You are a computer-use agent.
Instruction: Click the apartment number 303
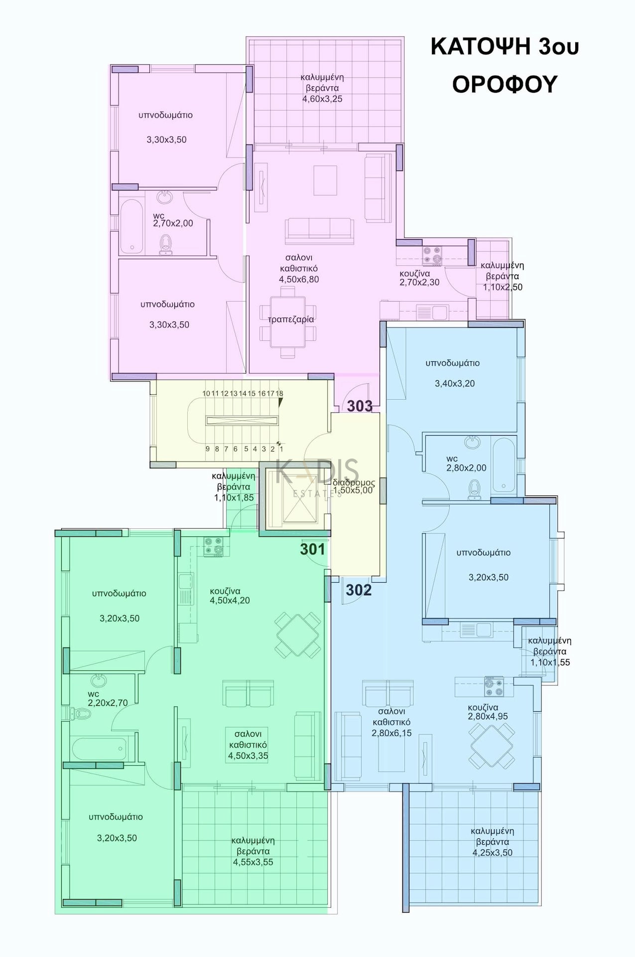[x=360, y=406]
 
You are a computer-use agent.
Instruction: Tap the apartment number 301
[x=312, y=549]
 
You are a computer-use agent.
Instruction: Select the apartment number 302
[x=359, y=590]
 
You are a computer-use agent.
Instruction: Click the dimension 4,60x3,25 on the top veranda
[x=322, y=99]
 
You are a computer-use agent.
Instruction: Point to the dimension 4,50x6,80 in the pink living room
[x=299, y=279]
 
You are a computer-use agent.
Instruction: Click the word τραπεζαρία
[x=291, y=319]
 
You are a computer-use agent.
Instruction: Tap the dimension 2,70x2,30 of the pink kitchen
[x=419, y=283]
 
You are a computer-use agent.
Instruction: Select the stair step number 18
[x=279, y=393]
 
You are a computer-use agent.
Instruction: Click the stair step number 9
[x=208, y=449]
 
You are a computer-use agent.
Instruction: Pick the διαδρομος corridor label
[x=354, y=482]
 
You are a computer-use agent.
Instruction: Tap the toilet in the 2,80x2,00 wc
[x=475, y=489]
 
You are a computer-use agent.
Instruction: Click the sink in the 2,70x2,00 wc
[x=165, y=197]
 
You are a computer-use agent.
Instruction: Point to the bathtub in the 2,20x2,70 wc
[x=99, y=749]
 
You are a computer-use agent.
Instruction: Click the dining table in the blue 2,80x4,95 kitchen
[x=492, y=746]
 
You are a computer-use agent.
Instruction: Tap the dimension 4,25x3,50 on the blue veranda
[x=493, y=852]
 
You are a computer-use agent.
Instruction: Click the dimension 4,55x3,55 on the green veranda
[x=253, y=862]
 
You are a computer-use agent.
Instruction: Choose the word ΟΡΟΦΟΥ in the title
[x=505, y=84]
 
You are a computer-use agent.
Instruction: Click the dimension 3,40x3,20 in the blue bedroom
[x=455, y=383]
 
